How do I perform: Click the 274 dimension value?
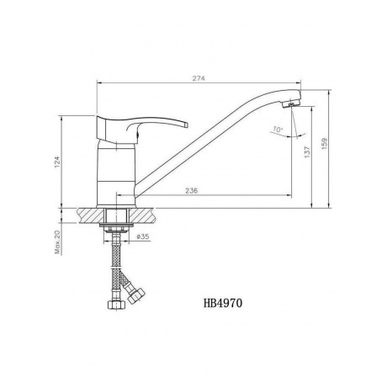199,78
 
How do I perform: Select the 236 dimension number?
192,191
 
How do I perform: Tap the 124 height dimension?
57,162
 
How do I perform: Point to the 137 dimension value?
307,152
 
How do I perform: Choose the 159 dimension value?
324,143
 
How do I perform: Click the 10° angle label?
278,130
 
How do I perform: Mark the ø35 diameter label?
143,236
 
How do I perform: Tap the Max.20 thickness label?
58,242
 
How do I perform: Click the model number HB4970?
223,303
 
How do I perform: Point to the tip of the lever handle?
186,125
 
